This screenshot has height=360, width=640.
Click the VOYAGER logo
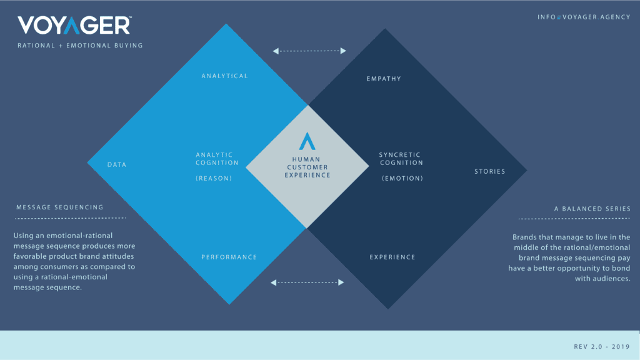74,25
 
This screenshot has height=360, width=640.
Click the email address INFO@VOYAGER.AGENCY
584,17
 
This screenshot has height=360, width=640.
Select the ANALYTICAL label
224,76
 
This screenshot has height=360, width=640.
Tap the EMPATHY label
384,79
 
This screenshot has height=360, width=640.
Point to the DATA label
117,164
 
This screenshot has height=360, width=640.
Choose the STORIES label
490,171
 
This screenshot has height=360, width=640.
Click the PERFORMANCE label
229,257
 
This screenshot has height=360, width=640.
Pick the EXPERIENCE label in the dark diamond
392,257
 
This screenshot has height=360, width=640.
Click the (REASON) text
214,178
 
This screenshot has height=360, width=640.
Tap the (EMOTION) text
402,178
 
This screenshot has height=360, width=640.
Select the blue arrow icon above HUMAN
307,141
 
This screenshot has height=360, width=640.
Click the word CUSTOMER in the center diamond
307,167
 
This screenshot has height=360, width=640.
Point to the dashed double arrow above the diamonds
309,51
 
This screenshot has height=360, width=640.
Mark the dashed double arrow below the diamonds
307,282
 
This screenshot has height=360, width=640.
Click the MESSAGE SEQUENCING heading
60,207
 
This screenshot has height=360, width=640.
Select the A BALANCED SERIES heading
592,209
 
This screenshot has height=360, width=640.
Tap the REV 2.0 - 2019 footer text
602,346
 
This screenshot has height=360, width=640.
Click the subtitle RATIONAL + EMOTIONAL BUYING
80,46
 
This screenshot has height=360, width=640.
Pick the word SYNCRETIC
399,155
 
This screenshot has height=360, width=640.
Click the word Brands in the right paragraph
524,237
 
